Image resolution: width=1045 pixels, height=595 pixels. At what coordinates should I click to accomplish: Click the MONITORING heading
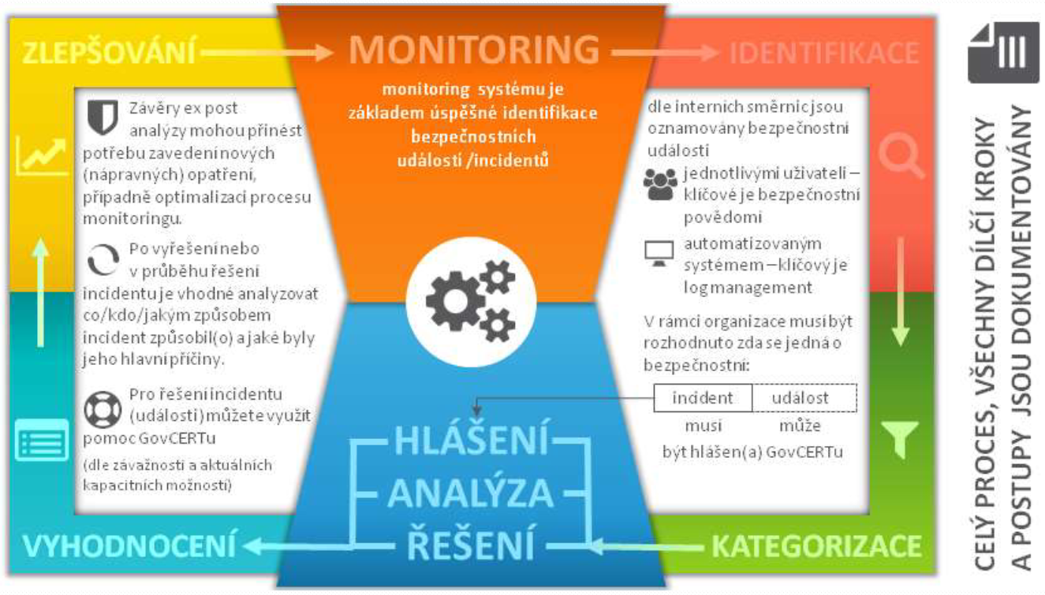(x=474, y=50)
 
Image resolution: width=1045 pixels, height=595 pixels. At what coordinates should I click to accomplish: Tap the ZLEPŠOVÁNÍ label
(x=109, y=53)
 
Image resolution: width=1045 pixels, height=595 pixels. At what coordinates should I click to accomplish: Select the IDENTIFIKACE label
(x=824, y=53)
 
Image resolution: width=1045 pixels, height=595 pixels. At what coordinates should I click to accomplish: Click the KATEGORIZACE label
(x=816, y=545)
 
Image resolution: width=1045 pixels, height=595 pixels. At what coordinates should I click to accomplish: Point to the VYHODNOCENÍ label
(x=129, y=545)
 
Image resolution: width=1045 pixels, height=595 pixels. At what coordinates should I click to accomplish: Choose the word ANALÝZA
(x=471, y=494)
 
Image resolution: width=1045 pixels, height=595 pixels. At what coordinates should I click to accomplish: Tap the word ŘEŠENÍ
(x=471, y=545)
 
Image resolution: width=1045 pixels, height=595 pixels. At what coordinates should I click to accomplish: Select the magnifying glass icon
(x=901, y=156)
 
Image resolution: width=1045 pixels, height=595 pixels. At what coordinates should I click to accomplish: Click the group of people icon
(x=659, y=184)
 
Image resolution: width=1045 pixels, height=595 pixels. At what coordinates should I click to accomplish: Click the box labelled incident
(x=703, y=398)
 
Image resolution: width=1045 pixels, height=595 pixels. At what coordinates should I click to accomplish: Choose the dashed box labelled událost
(x=803, y=398)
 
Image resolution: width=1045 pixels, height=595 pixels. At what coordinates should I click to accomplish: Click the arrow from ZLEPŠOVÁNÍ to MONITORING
(x=267, y=53)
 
